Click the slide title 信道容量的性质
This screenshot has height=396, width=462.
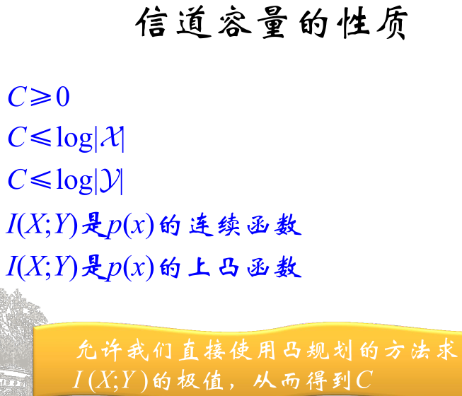(272, 26)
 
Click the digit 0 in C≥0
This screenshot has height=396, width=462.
(62, 98)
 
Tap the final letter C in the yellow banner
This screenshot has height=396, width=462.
(364, 380)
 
